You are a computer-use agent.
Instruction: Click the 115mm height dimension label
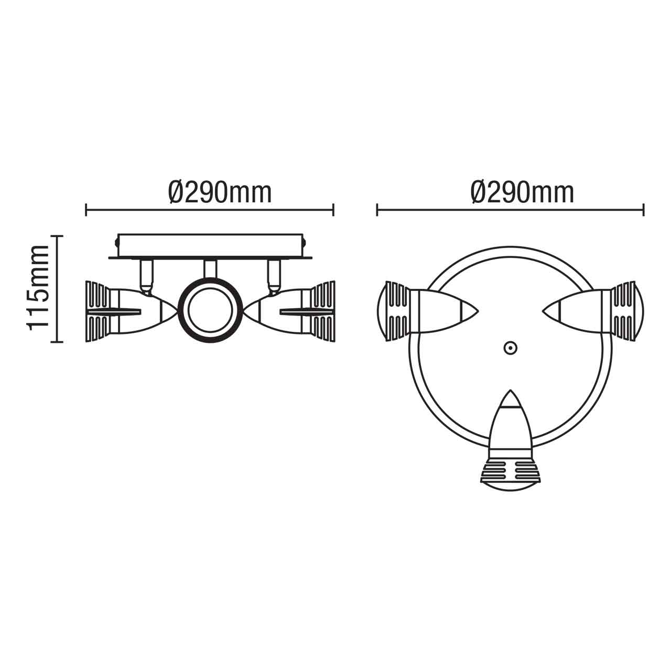point(39,288)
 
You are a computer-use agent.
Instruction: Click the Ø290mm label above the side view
point(220,193)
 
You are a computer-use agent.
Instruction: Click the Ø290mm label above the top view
point(523,193)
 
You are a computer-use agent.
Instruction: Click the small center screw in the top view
point(509,348)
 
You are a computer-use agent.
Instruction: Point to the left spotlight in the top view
point(425,311)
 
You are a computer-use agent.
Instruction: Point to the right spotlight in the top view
point(595,311)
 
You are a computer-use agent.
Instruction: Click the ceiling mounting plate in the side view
point(210,246)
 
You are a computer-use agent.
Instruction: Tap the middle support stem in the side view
point(210,268)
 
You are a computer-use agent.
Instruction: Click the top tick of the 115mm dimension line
point(57,236)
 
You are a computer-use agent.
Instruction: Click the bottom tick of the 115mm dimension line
point(57,342)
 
